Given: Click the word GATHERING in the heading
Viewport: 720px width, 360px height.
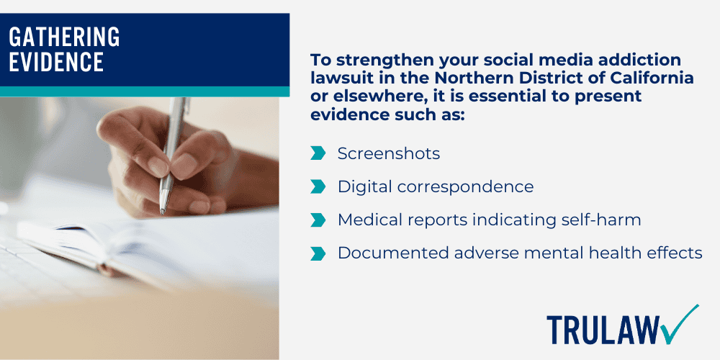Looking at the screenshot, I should click(x=64, y=36).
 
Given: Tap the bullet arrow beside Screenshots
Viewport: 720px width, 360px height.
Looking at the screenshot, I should click(x=318, y=153).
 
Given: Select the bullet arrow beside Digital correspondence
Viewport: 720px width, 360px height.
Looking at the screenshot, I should click(x=318, y=186).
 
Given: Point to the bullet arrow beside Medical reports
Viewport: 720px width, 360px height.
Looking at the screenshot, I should click(x=318, y=220).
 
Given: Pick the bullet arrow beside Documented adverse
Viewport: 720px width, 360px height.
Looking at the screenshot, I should click(x=318, y=253).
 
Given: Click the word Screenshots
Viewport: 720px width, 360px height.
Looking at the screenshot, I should click(x=389, y=153).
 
